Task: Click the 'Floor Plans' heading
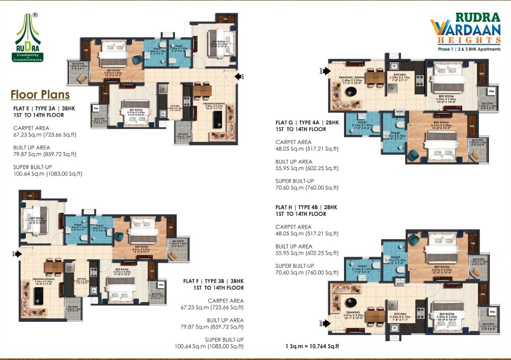point(40,95)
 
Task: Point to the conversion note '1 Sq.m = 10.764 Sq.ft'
point(312,346)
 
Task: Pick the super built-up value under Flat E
point(48,174)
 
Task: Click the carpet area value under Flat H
point(307,234)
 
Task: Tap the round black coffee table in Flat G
point(351,92)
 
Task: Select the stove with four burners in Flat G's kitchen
point(420,80)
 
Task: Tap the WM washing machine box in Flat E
point(96,108)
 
